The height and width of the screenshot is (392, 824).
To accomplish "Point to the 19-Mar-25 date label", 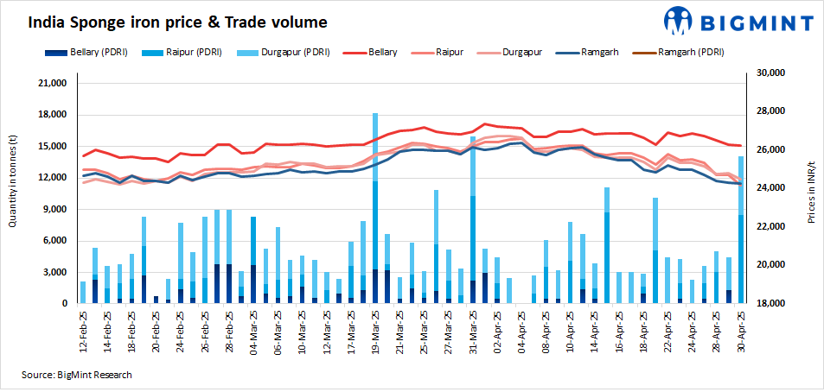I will click(x=374, y=330).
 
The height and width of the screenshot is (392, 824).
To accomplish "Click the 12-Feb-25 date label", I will click(x=83, y=330).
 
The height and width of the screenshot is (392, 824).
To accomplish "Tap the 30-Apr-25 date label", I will click(x=741, y=330).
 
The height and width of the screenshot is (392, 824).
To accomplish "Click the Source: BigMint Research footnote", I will click(x=77, y=375).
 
